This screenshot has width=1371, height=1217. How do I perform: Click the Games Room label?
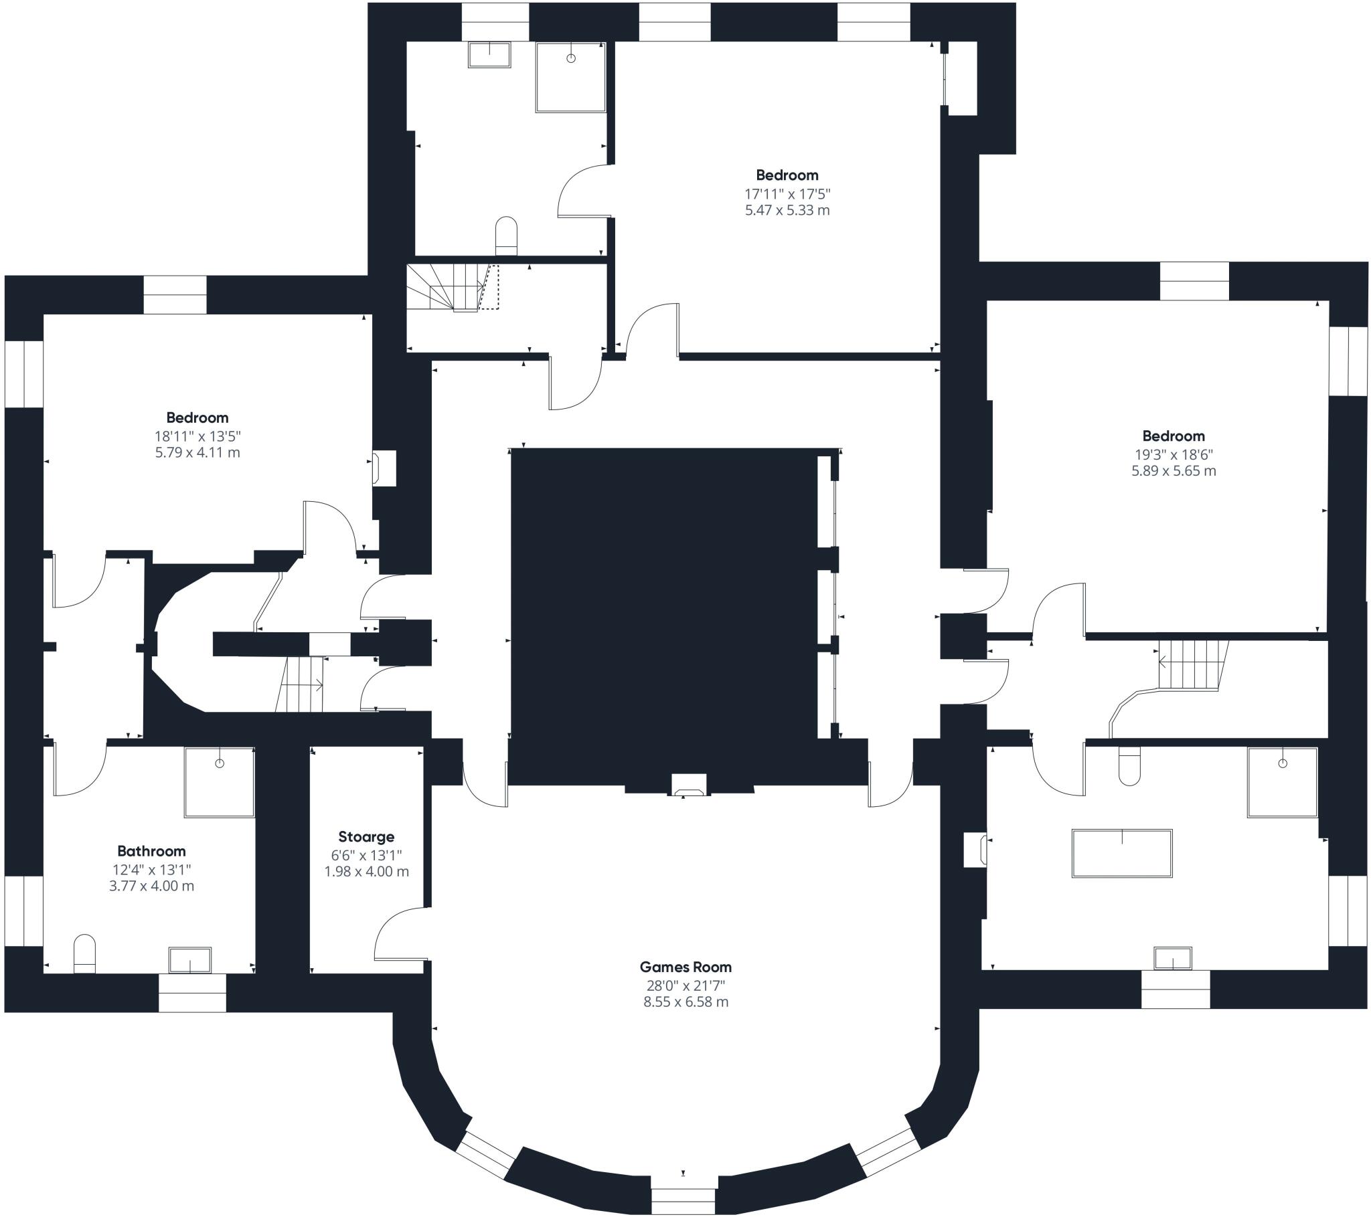click(685, 967)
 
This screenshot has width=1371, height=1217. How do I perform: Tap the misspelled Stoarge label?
click(366, 837)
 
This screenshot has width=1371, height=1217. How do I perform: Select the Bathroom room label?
click(151, 851)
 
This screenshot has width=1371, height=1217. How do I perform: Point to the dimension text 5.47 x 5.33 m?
click(787, 210)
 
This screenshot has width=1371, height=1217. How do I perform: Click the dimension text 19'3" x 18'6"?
click(1174, 454)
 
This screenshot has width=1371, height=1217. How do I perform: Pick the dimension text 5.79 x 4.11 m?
click(198, 452)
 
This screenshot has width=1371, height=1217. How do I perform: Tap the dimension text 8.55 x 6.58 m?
click(685, 1002)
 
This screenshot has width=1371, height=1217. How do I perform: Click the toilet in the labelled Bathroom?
click(84, 953)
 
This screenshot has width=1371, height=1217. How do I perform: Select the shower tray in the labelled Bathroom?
click(220, 783)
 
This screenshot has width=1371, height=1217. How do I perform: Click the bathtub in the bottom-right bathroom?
click(1122, 853)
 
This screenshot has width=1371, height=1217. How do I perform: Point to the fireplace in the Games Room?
click(689, 785)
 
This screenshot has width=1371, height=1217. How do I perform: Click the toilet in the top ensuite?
click(506, 236)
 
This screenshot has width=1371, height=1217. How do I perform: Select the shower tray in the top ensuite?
click(571, 77)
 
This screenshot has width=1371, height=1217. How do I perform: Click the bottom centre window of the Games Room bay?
click(683, 1202)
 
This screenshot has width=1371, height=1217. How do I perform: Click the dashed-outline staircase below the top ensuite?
click(453, 288)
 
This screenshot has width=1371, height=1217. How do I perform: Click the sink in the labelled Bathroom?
click(190, 959)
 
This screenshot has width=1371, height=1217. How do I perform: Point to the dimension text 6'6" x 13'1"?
click(366, 855)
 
